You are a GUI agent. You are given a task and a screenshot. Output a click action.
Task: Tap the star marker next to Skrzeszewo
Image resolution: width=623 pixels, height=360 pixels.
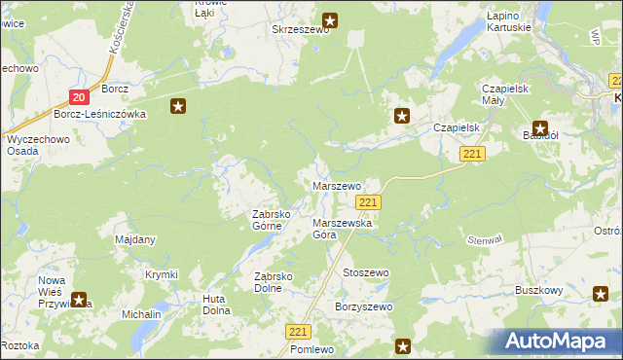pyautogui.click(x=330, y=19)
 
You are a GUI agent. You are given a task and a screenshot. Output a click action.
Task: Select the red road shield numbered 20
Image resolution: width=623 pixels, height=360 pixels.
pyautogui.click(x=80, y=96)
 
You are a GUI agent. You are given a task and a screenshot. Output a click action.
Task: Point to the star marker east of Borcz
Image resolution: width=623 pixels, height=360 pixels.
pyautogui.click(x=177, y=106)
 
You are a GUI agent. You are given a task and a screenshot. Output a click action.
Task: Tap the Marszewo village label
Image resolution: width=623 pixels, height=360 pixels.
pyautogui.click(x=336, y=185)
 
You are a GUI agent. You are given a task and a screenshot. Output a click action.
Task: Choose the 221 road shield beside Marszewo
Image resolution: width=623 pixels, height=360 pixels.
pyautogui.click(x=367, y=202)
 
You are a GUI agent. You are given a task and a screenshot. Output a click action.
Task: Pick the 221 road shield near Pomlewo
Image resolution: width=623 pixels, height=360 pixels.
pyautogui.click(x=299, y=332)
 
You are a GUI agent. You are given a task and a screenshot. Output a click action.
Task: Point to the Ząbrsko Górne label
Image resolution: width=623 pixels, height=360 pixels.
pyautogui.click(x=267, y=220)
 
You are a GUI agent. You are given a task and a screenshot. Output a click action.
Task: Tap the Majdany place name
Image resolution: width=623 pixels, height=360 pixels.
pyautogui.click(x=135, y=239)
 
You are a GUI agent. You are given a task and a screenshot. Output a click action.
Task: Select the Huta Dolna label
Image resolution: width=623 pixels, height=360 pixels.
pyautogui.click(x=215, y=305)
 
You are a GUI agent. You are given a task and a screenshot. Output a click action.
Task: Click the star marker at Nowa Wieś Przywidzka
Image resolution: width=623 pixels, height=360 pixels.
pyautogui.click(x=79, y=301)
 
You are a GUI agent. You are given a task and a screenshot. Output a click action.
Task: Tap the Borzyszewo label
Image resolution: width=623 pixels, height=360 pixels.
pyautogui.click(x=363, y=307)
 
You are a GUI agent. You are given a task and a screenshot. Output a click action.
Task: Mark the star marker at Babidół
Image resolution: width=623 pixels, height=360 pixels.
pyautogui.click(x=539, y=126)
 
